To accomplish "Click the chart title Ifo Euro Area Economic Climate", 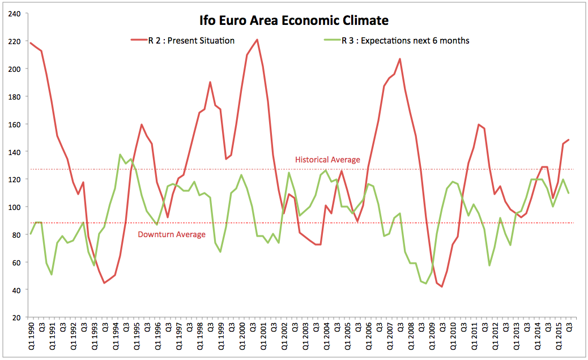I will tap(293, 21).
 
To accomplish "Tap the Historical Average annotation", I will tap(327, 160).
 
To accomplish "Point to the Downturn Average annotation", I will tap(172, 234).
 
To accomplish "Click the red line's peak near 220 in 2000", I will tap(257, 40).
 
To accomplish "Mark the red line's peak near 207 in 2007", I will tap(400, 59).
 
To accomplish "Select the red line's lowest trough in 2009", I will tap(442, 286).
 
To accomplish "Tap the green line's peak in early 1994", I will tap(120, 155).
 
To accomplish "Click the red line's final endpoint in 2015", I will tap(569, 139).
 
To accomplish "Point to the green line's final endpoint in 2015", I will tap(569, 193).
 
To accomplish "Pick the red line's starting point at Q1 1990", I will tap(31, 42).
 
